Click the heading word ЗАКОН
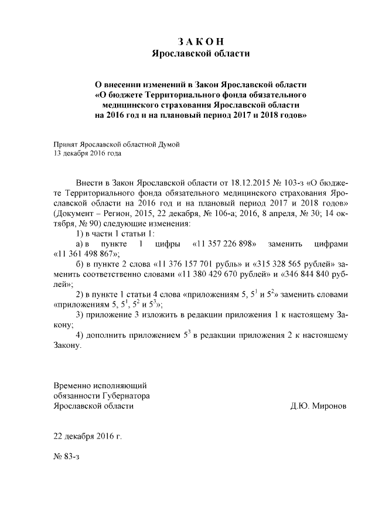pos(200,41)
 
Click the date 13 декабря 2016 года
pos(87,153)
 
